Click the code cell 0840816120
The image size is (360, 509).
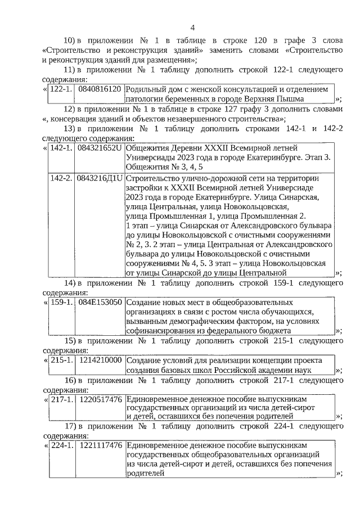100,89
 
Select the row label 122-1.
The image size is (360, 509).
61,89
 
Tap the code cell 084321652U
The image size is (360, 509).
100,148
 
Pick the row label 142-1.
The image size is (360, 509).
61,148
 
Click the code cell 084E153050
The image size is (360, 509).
100,303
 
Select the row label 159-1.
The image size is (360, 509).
61,303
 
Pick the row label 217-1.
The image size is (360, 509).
61,399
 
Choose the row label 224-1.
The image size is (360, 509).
61,445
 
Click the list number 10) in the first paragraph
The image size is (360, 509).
69,41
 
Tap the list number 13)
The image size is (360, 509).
69,129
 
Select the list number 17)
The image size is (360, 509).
69,426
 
